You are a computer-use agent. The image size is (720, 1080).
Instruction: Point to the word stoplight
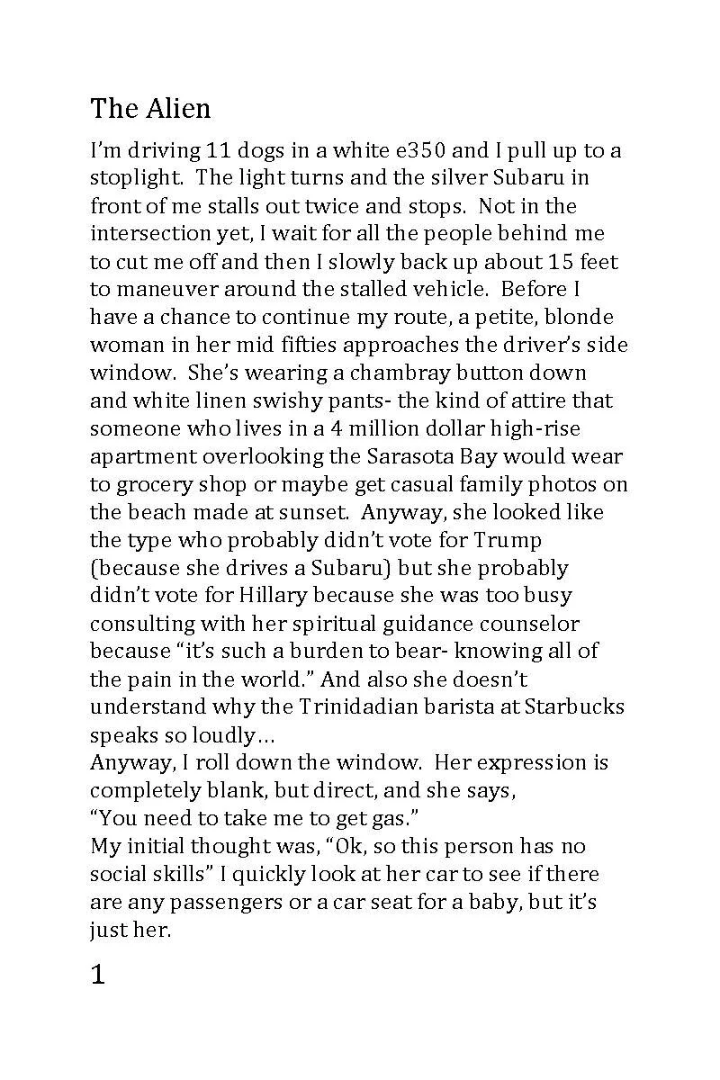(133, 178)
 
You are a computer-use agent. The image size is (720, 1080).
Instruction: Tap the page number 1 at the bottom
(98, 976)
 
